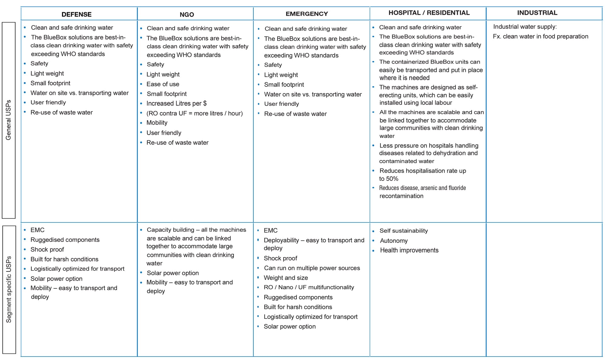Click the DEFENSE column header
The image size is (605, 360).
[77, 14]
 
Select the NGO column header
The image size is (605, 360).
[187, 15]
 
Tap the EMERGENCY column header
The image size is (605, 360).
[307, 14]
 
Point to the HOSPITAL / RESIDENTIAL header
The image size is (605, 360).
[429, 13]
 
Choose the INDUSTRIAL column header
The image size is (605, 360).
[537, 13]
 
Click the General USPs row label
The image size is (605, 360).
[9, 120]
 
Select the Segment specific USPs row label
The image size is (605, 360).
[9, 289]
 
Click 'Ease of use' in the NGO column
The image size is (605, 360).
[163, 84]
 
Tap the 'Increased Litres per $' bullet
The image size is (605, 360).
[176, 103]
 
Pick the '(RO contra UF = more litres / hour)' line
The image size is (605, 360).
[194, 113]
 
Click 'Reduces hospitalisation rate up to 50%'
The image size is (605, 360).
[422, 174]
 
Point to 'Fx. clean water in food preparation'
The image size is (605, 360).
[540, 37]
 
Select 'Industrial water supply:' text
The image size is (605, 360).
[525, 27]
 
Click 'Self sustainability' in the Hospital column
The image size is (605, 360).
[404, 231]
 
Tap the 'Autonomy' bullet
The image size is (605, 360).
[394, 241]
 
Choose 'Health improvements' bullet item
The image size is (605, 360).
[409, 250]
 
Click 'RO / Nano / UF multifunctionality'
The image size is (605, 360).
[309, 287]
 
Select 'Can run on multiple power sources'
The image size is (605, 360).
[312, 268]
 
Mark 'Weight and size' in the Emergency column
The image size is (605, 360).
[286, 278]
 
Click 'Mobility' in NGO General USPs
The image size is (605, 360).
[157, 123]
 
